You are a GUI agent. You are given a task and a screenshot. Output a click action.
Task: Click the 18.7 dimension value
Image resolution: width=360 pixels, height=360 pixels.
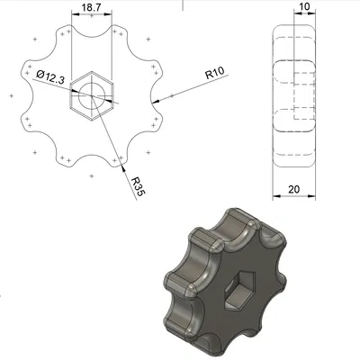(x=91, y=7)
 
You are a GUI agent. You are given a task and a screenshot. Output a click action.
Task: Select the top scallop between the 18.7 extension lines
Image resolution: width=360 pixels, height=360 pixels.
(x=91, y=38)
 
